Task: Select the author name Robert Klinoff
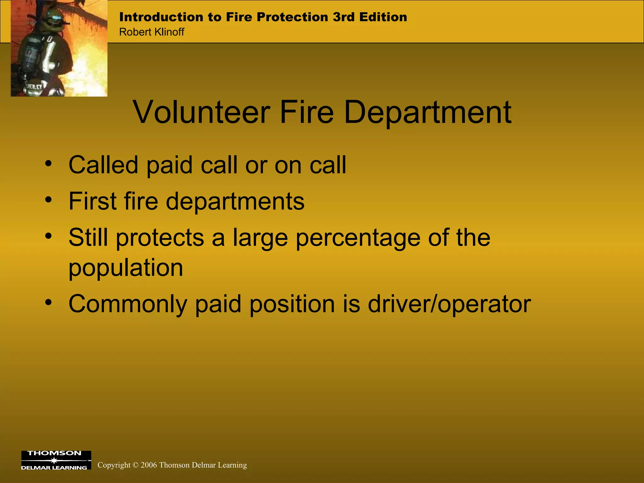click(152, 32)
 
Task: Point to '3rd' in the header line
click(344, 17)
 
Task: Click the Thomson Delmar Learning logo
click(56, 460)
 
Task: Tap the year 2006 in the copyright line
click(149, 465)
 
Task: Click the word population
click(126, 268)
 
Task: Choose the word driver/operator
click(449, 304)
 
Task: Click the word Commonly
click(128, 304)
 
